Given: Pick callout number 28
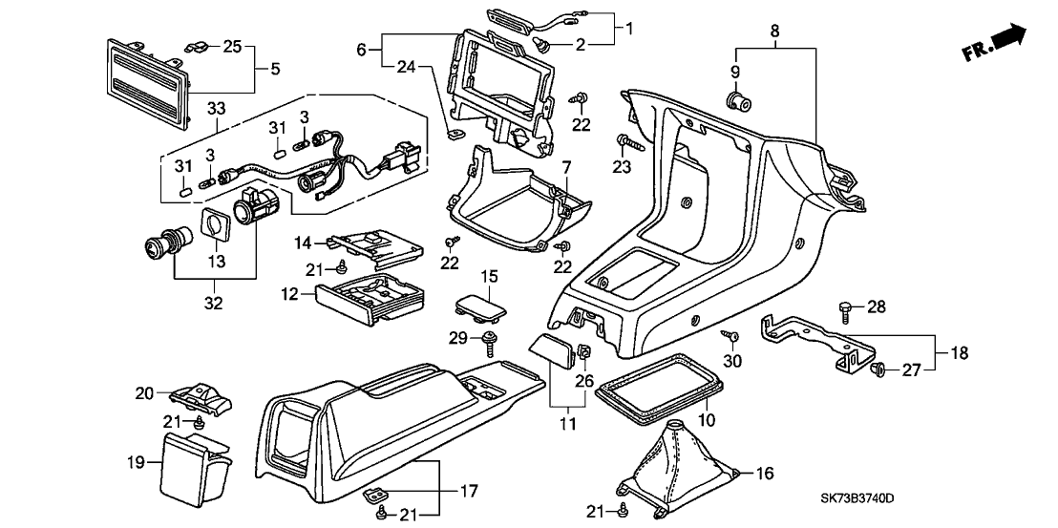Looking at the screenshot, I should (878, 306).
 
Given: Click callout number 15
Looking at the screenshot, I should (489, 276).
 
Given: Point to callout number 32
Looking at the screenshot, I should (214, 304).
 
